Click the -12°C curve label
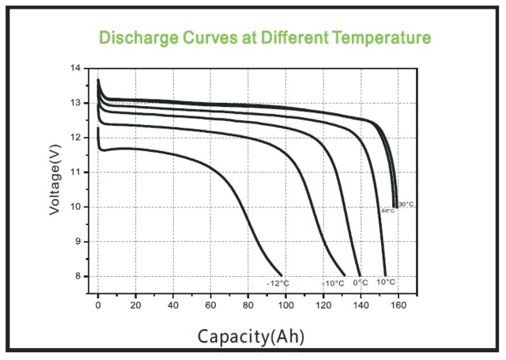point(278,282)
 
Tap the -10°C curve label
point(333,282)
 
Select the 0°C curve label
point(361,282)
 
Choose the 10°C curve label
point(386,282)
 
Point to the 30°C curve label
point(406,204)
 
